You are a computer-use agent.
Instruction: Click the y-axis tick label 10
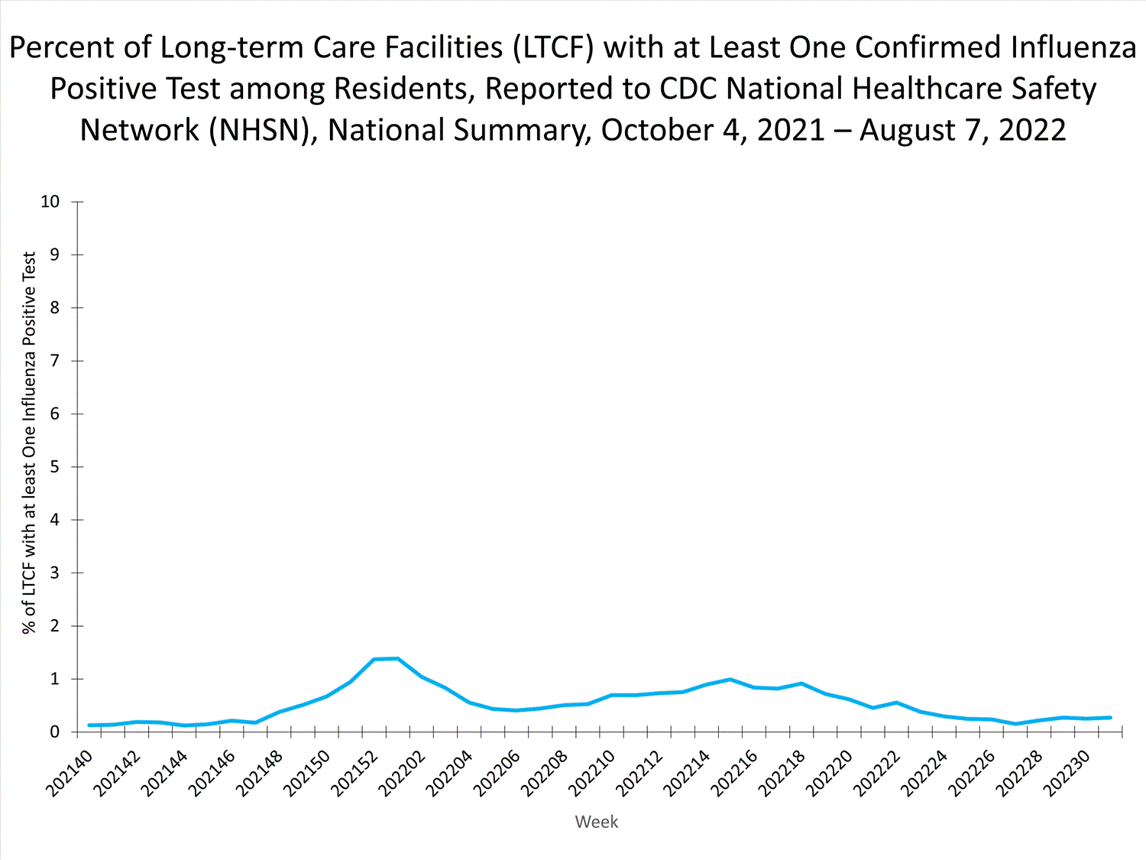tap(50, 202)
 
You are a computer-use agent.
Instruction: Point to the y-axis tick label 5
tap(54, 466)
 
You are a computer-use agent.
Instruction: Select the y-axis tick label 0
tap(54, 732)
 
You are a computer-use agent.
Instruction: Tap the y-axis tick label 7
tap(54, 361)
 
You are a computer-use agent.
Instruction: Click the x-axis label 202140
tap(70, 773)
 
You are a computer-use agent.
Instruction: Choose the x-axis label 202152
tap(354, 773)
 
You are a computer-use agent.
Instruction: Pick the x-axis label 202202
tap(403, 773)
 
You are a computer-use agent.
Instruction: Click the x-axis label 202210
tap(592, 773)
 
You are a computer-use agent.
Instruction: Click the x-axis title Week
tap(597, 822)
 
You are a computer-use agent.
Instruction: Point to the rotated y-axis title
tap(29, 443)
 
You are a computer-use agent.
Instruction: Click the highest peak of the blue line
tap(397, 658)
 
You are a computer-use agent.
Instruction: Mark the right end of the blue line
tap(1110, 718)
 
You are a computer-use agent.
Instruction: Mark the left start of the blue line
tap(89, 725)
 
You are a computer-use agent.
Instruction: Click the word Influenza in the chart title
tap(1073, 47)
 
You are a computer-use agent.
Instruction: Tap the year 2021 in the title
tap(791, 130)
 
